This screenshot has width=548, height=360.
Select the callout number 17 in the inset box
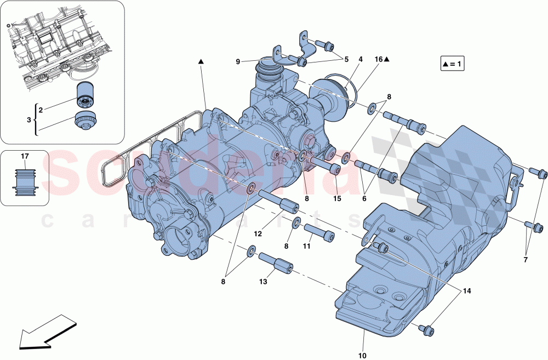25,156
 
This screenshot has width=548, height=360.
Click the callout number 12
257,233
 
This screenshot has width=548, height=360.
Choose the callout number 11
306,247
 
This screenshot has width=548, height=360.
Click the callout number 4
361,59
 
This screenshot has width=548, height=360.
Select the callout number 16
378,59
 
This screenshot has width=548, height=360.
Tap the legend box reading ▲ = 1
452,64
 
